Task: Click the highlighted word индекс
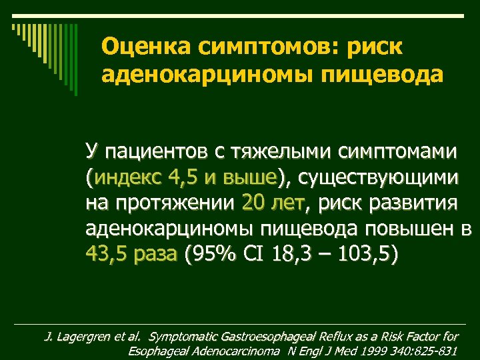(129, 178)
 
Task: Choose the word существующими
(377, 178)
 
